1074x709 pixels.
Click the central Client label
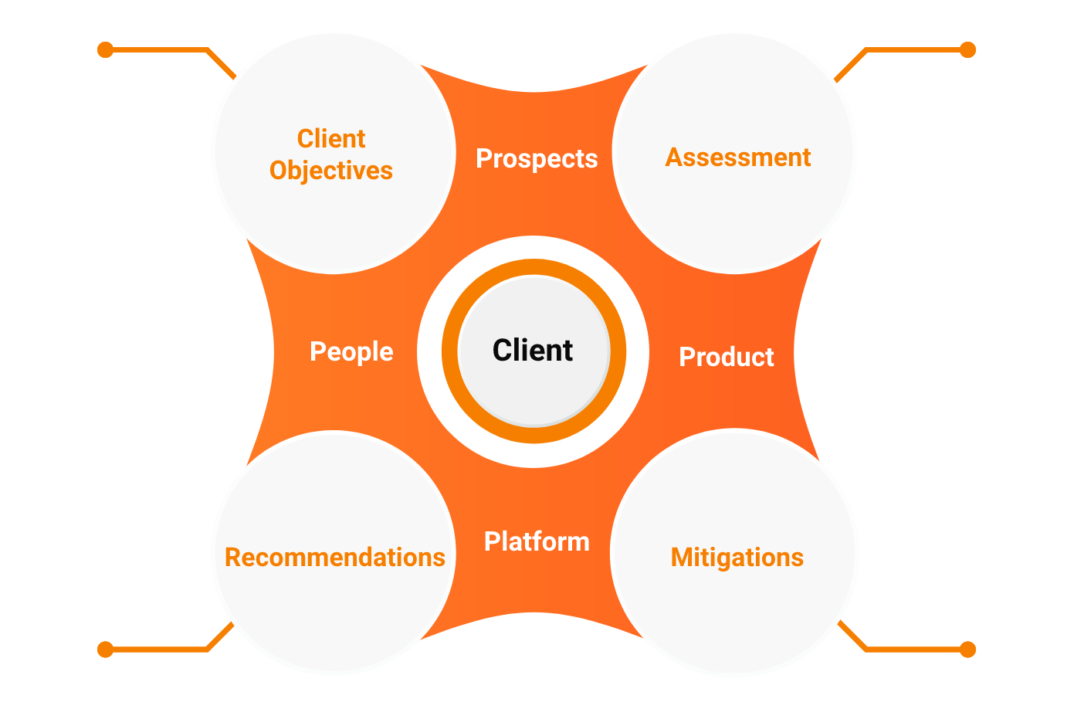click(x=533, y=351)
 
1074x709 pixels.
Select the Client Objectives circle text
click(x=331, y=154)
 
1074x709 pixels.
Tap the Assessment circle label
click(x=737, y=158)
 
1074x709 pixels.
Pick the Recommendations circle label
click(x=334, y=558)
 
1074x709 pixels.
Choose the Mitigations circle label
click(x=737, y=558)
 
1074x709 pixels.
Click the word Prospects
click(x=537, y=158)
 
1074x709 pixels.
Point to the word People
click(x=351, y=352)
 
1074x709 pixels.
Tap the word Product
click(x=726, y=357)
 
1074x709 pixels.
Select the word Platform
click(x=537, y=541)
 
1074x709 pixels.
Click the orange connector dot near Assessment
click(x=967, y=50)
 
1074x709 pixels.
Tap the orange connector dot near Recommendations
click(x=106, y=650)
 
